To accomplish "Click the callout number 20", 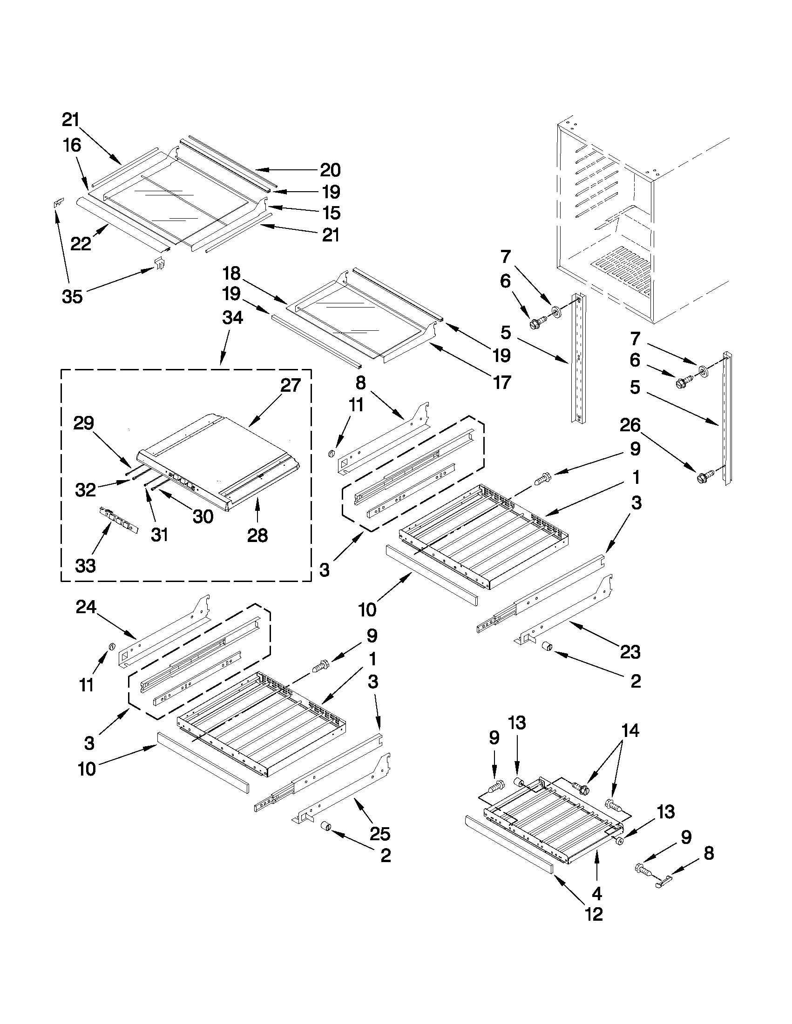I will click(330, 170).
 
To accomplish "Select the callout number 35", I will click(72, 296).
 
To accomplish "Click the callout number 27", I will click(291, 385).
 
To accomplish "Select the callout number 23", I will click(630, 652).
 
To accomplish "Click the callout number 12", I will click(594, 914).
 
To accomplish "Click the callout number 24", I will click(86, 608).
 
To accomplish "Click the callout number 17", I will click(501, 382).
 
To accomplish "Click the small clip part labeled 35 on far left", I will click(58, 203).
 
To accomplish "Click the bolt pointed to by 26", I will click(705, 476).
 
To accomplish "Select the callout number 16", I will click(72, 145).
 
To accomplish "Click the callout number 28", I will click(257, 535).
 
